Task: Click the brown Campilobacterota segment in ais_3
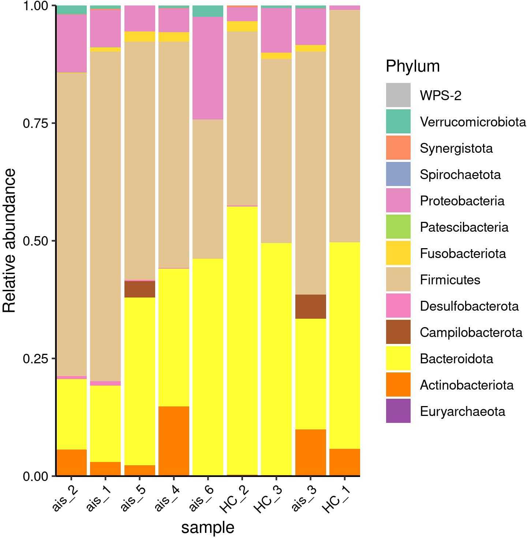point(310,307)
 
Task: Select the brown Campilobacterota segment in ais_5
point(140,289)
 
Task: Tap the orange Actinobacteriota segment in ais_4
point(174,441)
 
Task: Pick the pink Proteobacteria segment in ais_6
point(208,68)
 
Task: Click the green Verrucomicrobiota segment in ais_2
point(71,10)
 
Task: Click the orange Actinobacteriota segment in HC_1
point(344,462)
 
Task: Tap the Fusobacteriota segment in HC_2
point(242,26)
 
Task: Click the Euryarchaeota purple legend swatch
point(398,411)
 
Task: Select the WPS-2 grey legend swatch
point(398,95)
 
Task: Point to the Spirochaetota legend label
point(460,175)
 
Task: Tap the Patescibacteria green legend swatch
point(398,227)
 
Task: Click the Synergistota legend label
point(456,148)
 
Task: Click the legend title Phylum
point(412,67)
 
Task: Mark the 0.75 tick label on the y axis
point(35,124)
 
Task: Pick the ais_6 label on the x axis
point(202,499)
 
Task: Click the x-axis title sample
point(208,527)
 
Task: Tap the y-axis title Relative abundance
point(10,240)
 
